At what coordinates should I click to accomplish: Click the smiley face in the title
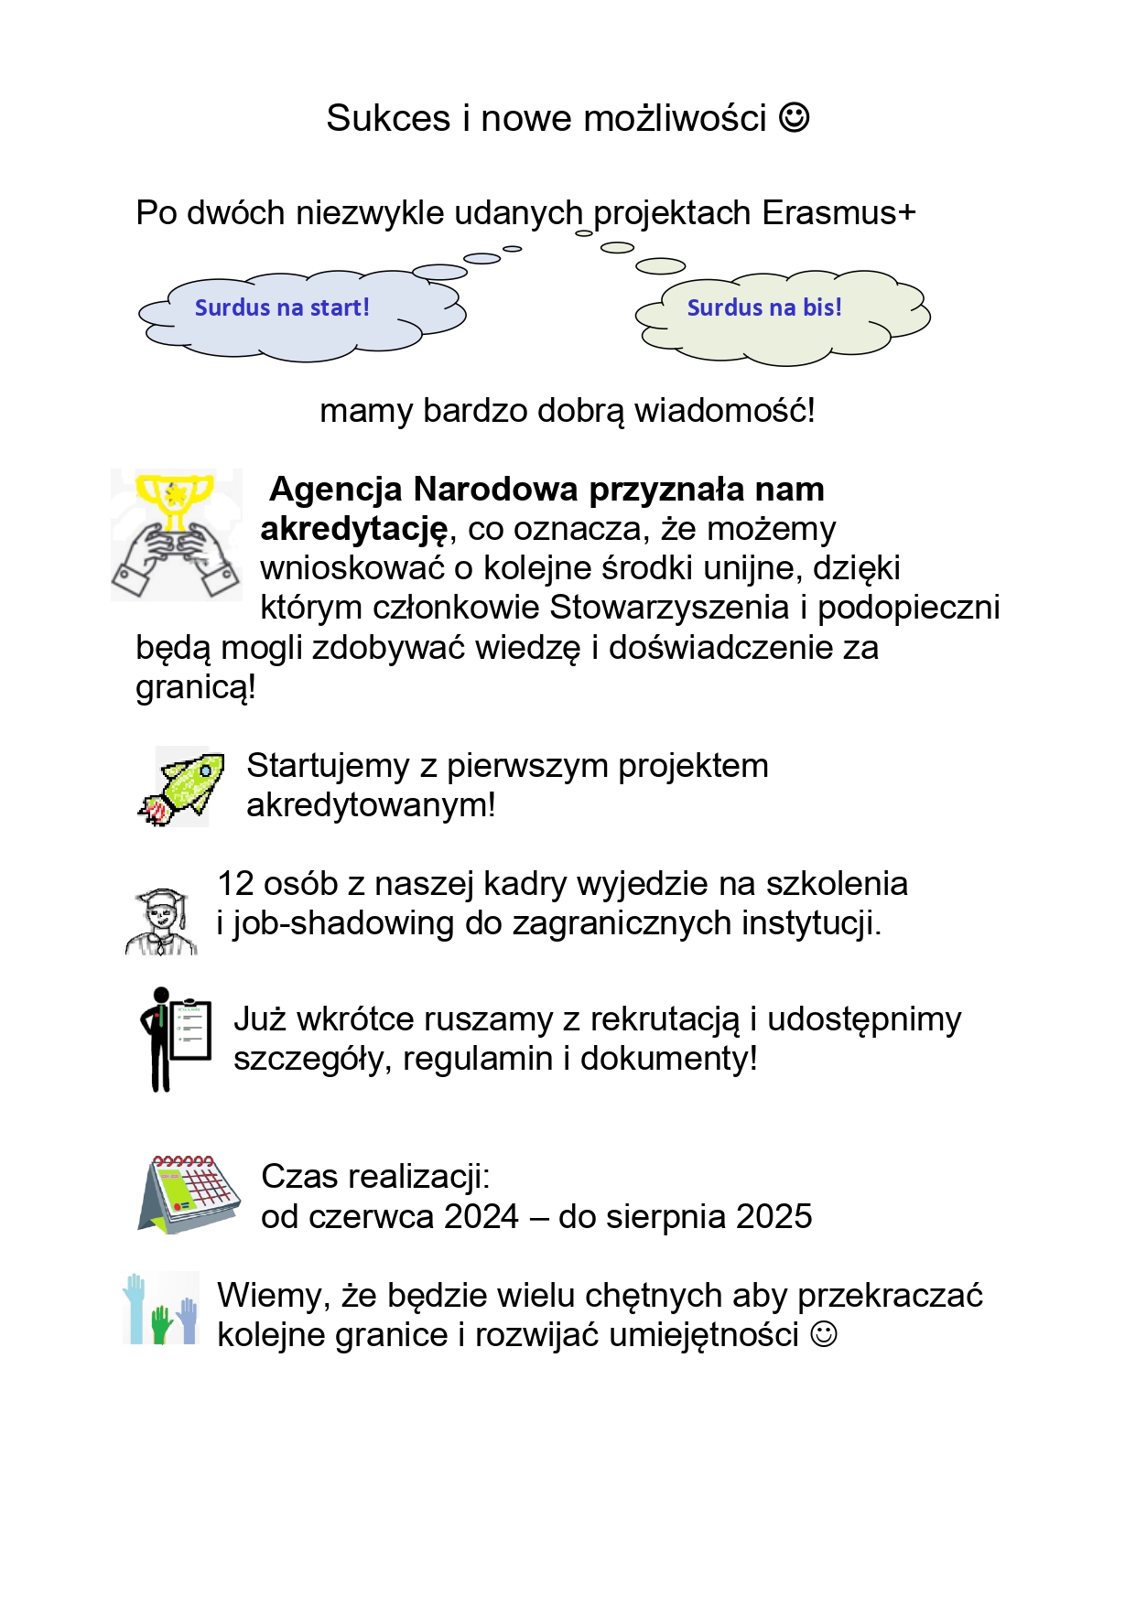click(x=794, y=117)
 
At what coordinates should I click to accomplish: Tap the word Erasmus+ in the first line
click(x=838, y=213)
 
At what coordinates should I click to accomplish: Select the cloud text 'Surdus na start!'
click(x=282, y=307)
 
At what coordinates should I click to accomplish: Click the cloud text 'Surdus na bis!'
click(x=764, y=307)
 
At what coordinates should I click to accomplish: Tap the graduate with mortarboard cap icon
click(x=162, y=922)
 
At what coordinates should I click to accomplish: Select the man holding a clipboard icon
click(x=175, y=1039)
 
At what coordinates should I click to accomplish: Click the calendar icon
click(x=189, y=1193)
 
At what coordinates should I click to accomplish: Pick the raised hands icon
click(x=161, y=1310)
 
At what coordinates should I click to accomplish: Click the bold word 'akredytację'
click(x=354, y=529)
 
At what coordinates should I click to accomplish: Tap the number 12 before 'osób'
click(x=235, y=884)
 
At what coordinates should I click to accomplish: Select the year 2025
click(x=774, y=1217)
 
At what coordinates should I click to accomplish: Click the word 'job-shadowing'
click(x=343, y=923)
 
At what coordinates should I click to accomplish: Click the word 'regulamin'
click(x=478, y=1059)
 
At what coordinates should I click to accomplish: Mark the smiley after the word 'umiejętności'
click(x=824, y=1334)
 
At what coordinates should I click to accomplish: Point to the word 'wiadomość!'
click(x=724, y=411)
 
